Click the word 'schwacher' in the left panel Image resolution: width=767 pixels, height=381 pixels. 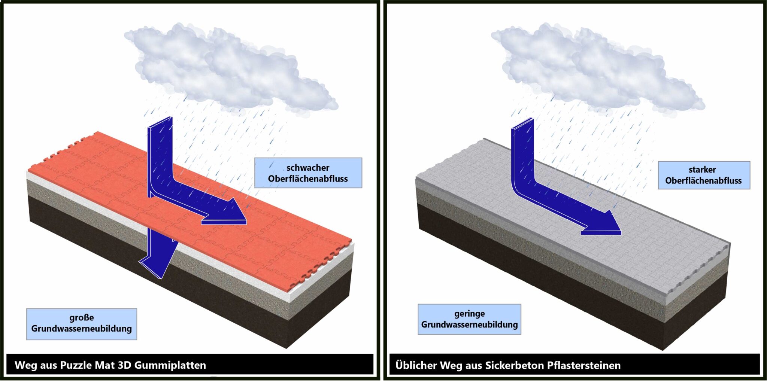coord(308,168)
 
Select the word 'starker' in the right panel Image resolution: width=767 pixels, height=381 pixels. coord(702,170)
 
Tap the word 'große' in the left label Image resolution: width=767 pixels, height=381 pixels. coord(82,318)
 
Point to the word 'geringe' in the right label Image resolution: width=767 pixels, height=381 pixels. coord(470,314)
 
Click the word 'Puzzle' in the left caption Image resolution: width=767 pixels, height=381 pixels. coord(76,365)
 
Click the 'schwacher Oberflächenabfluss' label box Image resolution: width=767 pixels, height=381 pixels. coord(308,173)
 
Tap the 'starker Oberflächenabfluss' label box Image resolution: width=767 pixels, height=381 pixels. coord(704,175)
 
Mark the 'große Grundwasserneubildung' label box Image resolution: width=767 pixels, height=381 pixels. coord(82,324)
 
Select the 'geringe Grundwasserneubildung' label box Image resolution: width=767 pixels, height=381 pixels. coord(469,319)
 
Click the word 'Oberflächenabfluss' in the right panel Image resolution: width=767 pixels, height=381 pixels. coord(703,181)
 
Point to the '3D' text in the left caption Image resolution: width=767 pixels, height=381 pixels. coord(124,365)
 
